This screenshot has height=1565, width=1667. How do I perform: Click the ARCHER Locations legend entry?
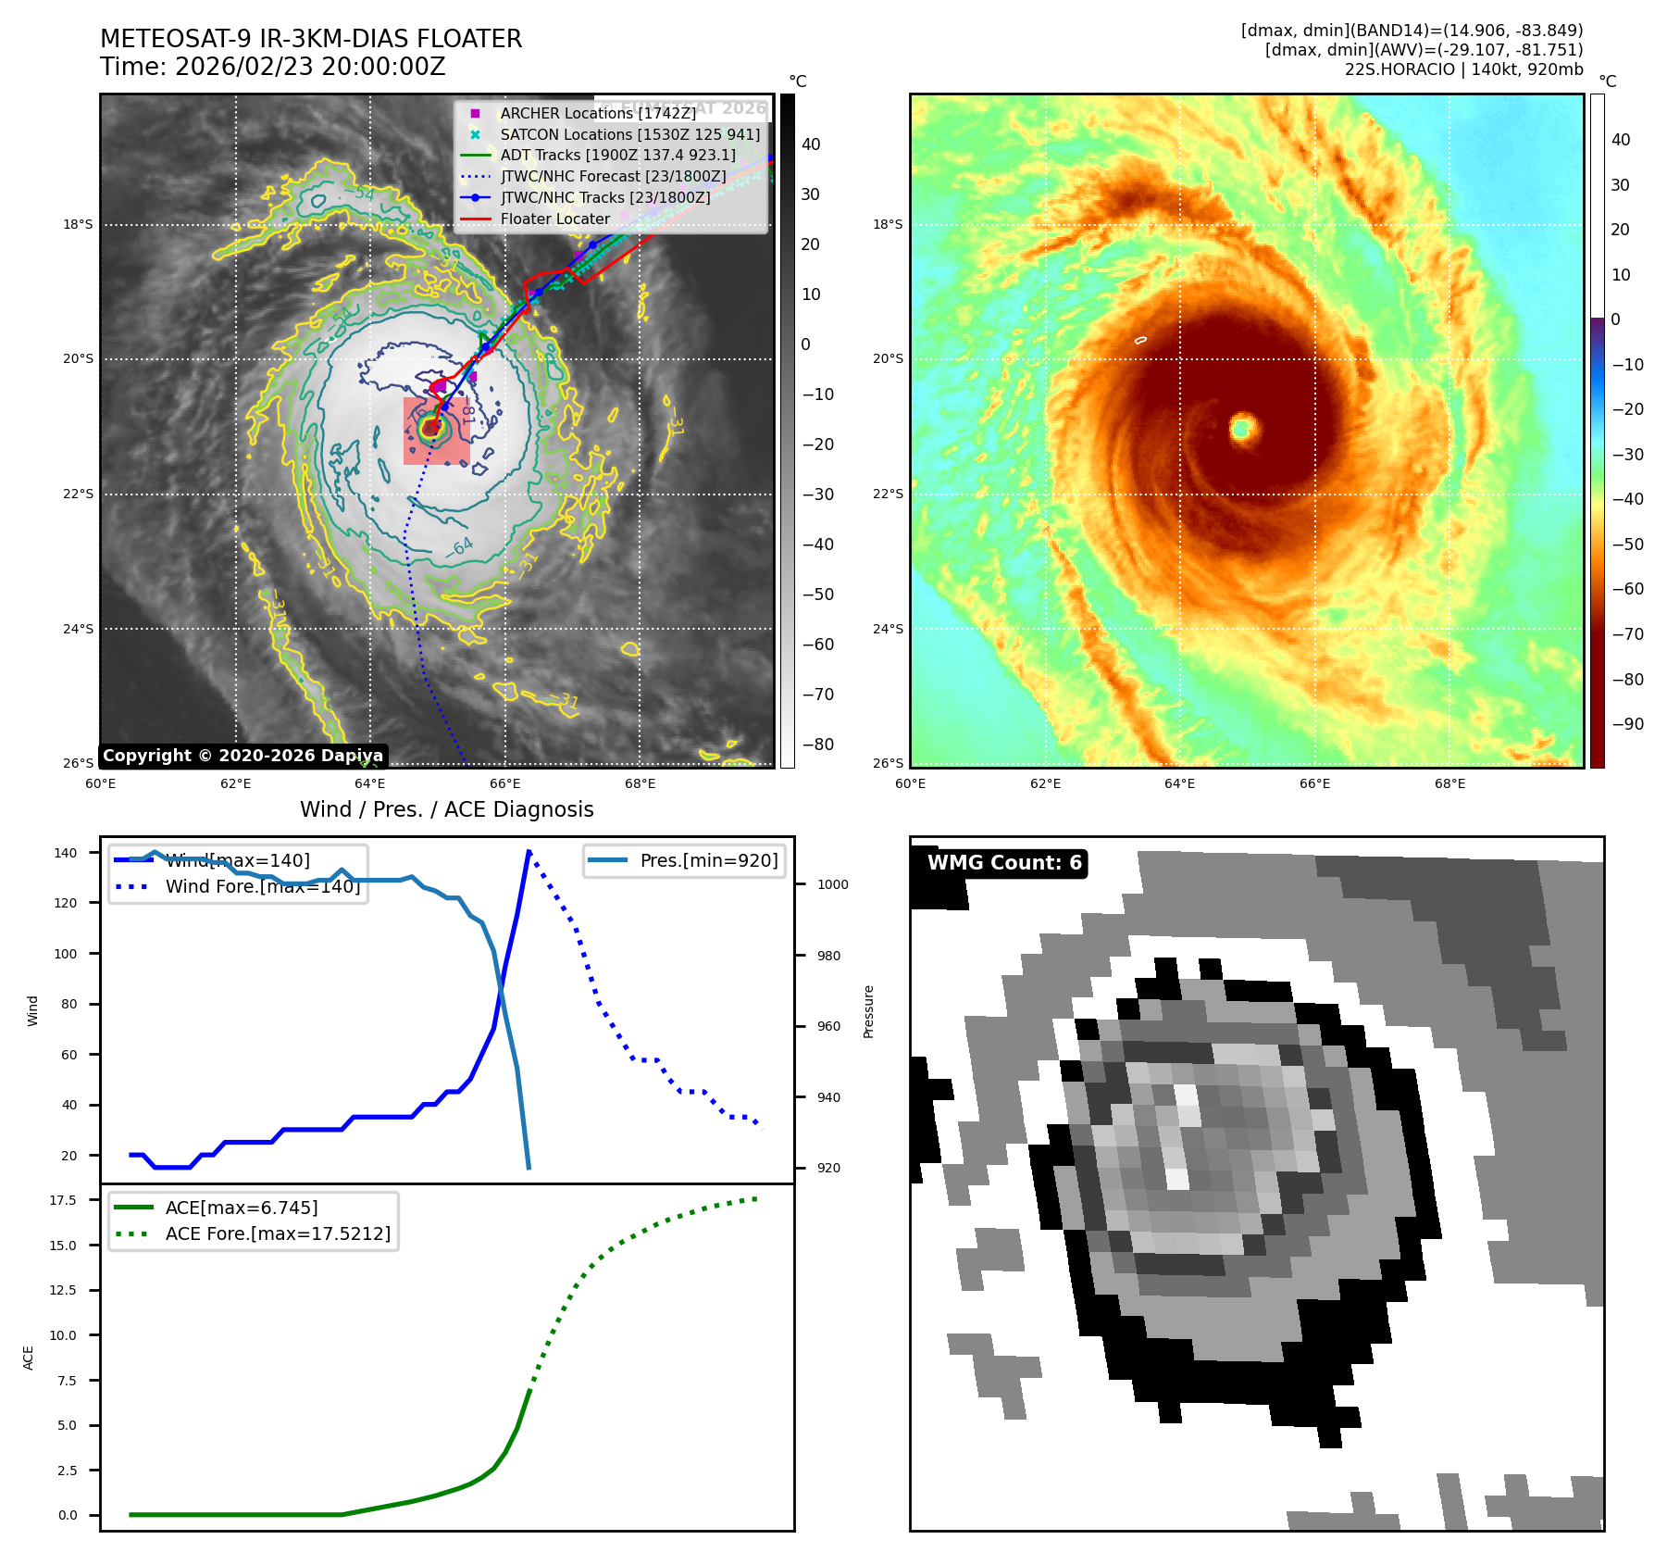pyautogui.click(x=597, y=113)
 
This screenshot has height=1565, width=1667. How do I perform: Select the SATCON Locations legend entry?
pyautogui.click(x=629, y=134)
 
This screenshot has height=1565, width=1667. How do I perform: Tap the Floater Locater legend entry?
pyautogui.click(x=554, y=219)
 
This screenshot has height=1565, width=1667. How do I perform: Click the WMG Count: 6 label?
pyautogui.click(x=1004, y=863)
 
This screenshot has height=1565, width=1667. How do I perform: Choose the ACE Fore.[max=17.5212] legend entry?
pyautogui.click(x=278, y=1233)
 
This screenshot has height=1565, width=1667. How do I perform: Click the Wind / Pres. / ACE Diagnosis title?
pyautogui.click(x=446, y=809)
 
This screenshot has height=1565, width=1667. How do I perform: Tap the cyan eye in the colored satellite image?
pyautogui.click(x=1241, y=428)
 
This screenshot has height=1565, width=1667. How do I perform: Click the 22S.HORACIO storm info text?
pyautogui.click(x=1463, y=69)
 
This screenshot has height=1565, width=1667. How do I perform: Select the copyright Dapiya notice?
pyautogui.click(x=243, y=756)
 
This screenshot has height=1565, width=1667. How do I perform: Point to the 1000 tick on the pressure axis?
pyautogui.click(x=832, y=884)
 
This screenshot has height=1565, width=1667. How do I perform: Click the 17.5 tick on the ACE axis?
pyautogui.click(x=63, y=1200)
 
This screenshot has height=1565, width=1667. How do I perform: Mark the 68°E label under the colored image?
pyautogui.click(x=1449, y=783)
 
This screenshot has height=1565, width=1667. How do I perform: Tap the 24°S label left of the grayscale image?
pyautogui.click(x=78, y=629)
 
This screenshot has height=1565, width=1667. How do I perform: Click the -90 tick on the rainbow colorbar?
pyautogui.click(x=1627, y=724)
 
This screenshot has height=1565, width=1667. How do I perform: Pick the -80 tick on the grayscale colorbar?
pyautogui.click(x=817, y=745)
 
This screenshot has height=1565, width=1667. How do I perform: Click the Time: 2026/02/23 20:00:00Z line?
pyautogui.click(x=273, y=67)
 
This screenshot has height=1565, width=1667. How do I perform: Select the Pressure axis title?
pyautogui.click(x=868, y=1011)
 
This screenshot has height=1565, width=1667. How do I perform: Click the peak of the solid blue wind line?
pyautogui.click(x=529, y=851)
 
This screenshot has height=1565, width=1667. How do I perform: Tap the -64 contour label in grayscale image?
pyautogui.click(x=459, y=546)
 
